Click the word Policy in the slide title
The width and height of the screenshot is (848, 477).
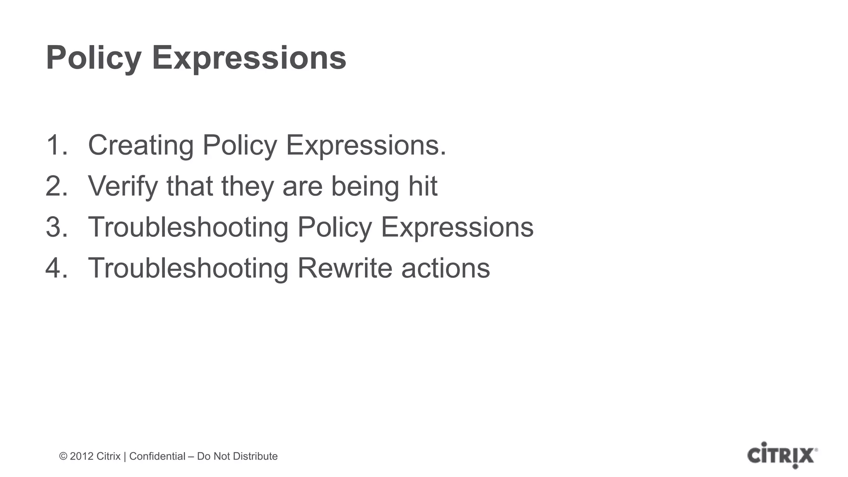[94, 58]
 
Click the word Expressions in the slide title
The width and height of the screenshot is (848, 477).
[249, 58]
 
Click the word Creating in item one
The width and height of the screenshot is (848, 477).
[141, 145]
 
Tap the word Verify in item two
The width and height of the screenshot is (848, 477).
[123, 186]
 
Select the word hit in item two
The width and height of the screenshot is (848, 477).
[422, 186]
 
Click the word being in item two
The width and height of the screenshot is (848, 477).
[365, 187]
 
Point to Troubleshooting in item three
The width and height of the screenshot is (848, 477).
[188, 227]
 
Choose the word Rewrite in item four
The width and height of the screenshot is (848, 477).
[345, 268]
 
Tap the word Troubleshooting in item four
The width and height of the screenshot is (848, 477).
[188, 268]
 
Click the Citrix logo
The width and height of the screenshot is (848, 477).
[782, 455]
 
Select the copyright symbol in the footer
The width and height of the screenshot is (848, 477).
[63, 456]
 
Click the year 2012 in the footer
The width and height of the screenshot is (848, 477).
[82, 456]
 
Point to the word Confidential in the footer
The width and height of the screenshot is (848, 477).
[157, 456]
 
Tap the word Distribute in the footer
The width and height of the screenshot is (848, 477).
[257, 456]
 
